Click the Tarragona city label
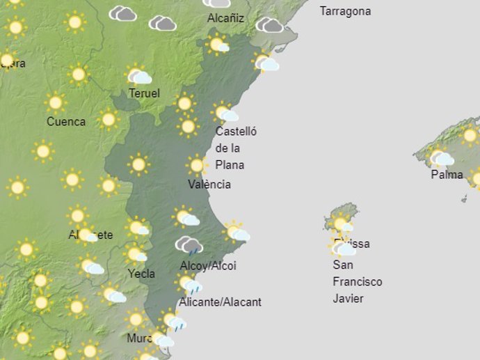tap(345, 11)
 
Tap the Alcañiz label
tap(225, 18)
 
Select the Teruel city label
tap(144, 93)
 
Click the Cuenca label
tap(66, 122)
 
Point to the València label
tap(209, 185)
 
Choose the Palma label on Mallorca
tap(447, 175)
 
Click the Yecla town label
tap(141, 274)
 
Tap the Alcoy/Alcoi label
tap(208, 266)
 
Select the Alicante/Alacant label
tap(220, 302)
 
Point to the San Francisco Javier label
tap(357, 281)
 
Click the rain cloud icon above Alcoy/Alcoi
tap(189, 245)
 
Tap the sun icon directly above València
tap(197, 165)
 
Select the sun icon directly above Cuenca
tap(56, 102)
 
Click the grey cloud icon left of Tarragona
tap(269, 25)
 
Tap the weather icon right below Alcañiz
tap(218, 45)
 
